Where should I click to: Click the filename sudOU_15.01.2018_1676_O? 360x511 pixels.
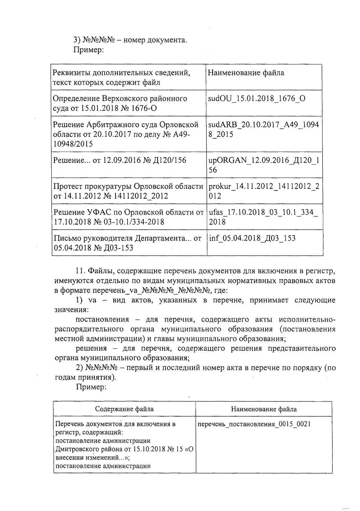point(256,98)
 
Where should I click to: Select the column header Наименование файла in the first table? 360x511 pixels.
point(246,73)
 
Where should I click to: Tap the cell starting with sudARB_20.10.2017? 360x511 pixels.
point(263,129)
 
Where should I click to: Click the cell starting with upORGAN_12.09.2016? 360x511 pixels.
point(263,165)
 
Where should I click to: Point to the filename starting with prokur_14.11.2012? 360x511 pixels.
point(263,191)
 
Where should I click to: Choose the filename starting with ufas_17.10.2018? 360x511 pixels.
point(263,217)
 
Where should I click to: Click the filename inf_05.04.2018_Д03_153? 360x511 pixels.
point(252,238)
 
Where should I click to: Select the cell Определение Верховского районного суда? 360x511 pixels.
point(120,103)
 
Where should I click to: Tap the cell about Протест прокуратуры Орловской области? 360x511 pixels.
point(128,191)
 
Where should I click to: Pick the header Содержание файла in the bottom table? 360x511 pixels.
point(124,409)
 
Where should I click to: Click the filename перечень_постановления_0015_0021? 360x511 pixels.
point(254,424)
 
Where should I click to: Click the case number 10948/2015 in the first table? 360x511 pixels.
point(73,144)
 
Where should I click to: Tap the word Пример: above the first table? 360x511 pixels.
point(88,50)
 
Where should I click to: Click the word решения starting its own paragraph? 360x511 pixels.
point(91,348)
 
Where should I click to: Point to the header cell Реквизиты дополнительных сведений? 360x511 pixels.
point(121,77)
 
